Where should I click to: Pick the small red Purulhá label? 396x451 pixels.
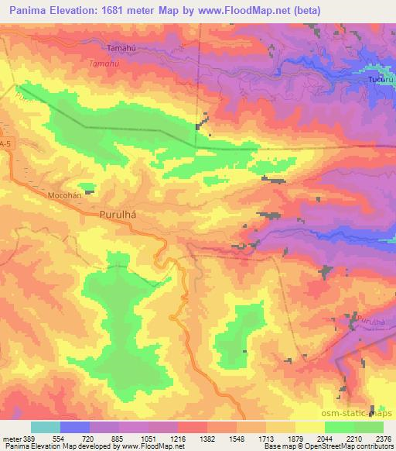click(x=371, y=320)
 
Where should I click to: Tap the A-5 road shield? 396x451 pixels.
click(x=5, y=143)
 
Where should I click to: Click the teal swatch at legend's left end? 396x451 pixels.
click(x=46, y=427)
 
